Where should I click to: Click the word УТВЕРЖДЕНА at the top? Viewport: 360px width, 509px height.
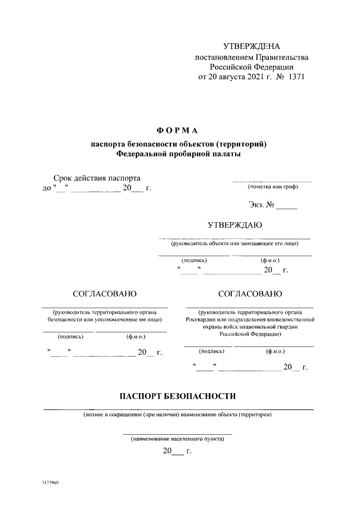coord(251,46)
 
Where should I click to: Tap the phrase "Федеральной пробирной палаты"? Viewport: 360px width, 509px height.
coord(178,154)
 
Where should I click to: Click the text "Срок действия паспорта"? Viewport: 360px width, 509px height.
coord(96,178)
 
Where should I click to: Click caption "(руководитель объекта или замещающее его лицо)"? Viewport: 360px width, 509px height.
coord(235,244)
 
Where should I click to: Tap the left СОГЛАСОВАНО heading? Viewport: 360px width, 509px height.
coord(105,294)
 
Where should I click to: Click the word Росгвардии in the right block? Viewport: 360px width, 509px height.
coord(203,319)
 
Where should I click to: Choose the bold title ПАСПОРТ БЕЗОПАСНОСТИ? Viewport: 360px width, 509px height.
coord(178,396)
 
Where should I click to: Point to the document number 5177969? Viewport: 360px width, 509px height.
coord(51,483)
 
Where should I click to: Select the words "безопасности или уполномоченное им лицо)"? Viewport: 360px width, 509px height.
coord(105,319)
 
